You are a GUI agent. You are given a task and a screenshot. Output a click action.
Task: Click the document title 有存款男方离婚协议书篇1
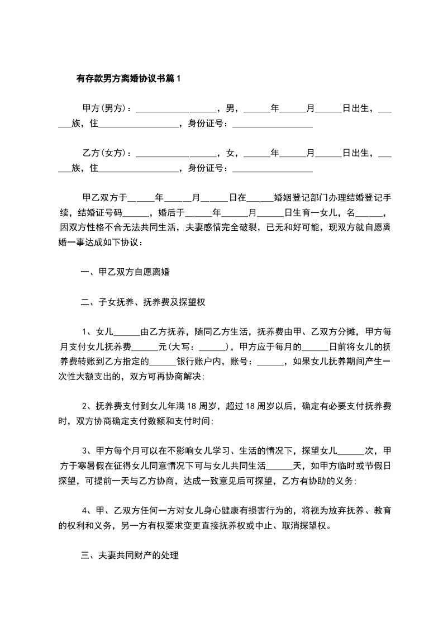[x=129, y=79]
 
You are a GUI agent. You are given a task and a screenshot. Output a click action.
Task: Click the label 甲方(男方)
[x=106, y=108]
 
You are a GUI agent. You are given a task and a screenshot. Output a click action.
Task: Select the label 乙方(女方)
[x=106, y=153]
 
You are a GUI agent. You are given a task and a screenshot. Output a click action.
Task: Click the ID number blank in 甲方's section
[x=272, y=123]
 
